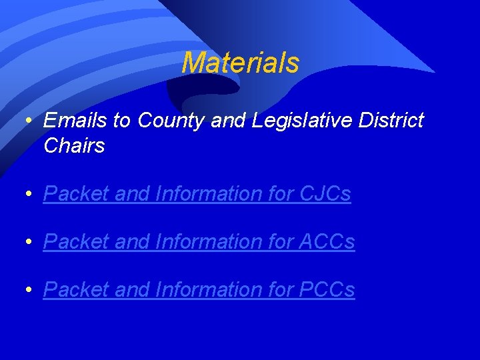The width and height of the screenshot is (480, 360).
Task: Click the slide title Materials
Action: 240,63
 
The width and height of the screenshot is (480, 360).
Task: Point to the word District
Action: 391,121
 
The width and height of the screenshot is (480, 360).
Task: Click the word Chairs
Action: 74,146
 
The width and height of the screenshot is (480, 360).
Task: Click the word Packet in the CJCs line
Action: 76,194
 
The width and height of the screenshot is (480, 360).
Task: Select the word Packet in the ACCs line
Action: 76,242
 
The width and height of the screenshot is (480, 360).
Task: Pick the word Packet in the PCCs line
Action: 76,290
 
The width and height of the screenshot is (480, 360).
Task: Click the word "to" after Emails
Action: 121,121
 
